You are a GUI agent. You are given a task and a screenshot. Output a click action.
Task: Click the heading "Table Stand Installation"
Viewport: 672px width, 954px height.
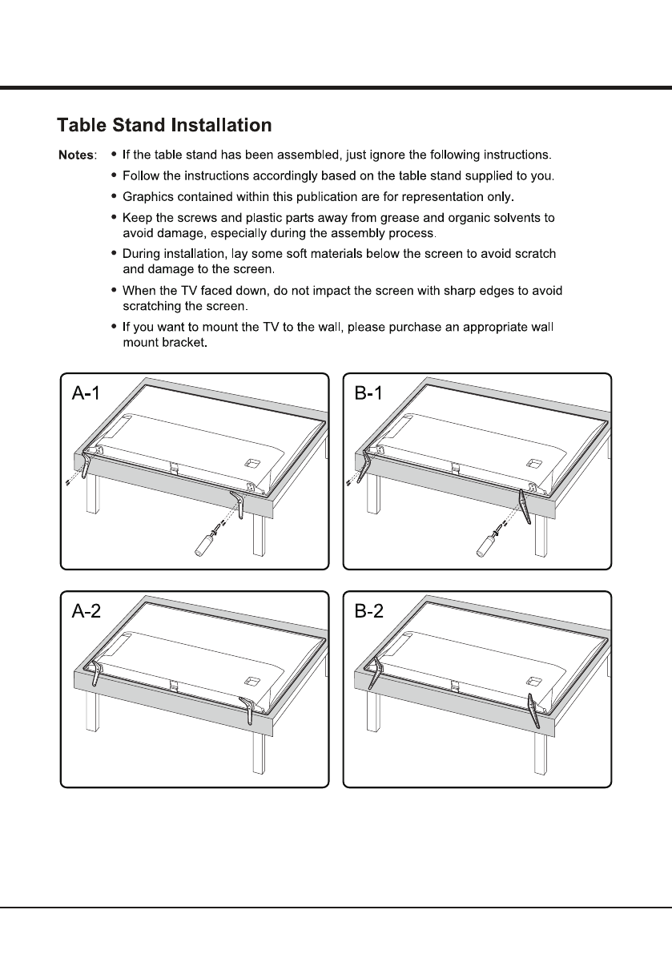164,126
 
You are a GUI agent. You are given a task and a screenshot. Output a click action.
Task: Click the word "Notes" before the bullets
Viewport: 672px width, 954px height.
77,154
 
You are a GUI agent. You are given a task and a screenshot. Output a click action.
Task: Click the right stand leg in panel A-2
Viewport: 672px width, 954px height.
248,710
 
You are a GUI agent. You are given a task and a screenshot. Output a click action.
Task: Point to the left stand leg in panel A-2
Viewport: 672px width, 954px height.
95,672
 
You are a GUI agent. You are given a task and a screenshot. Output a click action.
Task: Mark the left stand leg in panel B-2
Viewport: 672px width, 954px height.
374,673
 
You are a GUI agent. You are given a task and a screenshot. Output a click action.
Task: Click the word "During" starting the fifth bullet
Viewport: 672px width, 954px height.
139,254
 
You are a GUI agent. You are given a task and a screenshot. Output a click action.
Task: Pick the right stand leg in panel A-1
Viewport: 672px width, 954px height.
237,506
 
